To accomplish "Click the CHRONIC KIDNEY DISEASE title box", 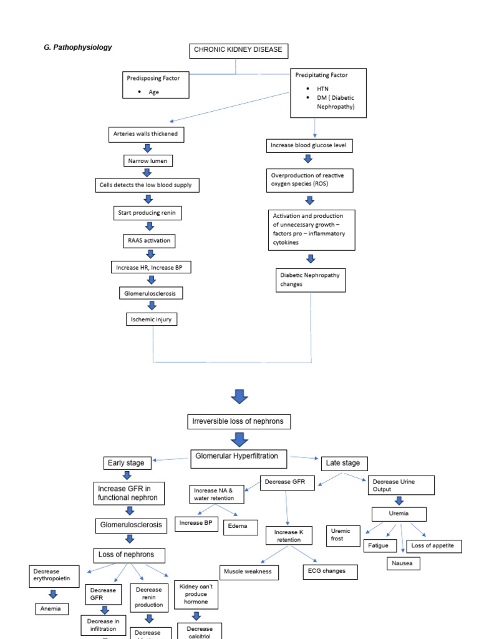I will (239, 50).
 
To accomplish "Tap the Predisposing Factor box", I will (156, 84).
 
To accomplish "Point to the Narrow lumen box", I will (148, 161).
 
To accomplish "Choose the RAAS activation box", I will (148, 240).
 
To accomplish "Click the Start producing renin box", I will (148, 213).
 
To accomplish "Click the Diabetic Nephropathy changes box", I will (311, 280).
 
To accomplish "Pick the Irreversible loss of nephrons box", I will (239, 422).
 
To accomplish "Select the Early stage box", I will (127, 463).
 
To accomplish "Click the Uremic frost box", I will (342, 535).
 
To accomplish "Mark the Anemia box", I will (51, 608).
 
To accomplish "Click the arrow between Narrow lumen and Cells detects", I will (148, 173).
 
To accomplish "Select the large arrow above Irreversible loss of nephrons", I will (239, 396).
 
